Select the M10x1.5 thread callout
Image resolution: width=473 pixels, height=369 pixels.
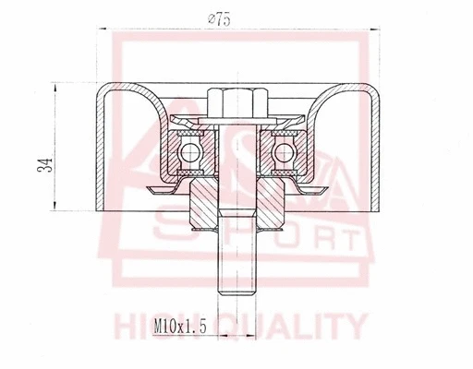tap(178, 325)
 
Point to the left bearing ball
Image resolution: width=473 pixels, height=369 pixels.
tap(191, 152)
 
